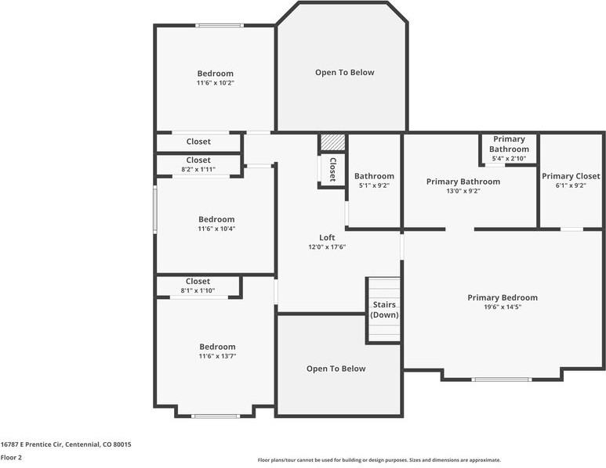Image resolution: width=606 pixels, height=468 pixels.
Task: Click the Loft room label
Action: tap(327, 238)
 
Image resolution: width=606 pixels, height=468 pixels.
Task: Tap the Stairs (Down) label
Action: tap(384, 310)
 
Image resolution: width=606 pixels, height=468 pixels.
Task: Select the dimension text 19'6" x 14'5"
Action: tap(503, 307)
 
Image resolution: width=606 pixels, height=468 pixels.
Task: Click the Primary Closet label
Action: tap(571, 176)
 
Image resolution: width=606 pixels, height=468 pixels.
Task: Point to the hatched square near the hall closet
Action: tap(332, 142)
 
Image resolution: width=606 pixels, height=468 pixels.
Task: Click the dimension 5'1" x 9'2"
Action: tap(374, 185)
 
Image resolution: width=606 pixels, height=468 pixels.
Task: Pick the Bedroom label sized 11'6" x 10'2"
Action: tap(216, 74)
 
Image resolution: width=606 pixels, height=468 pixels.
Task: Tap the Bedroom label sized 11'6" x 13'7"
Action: tap(217, 347)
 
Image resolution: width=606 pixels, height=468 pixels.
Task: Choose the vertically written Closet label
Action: tap(332, 169)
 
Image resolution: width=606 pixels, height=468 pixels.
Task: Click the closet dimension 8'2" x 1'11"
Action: tap(198, 169)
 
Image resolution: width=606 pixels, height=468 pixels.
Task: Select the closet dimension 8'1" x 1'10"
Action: tap(198, 291)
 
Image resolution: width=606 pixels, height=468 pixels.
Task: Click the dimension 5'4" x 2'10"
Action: tap(509, 159)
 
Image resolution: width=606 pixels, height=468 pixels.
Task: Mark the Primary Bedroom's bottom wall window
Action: tap(502, 380)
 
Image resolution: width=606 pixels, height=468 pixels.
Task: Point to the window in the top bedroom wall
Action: tap(220, 26)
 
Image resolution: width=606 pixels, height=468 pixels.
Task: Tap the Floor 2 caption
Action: tap(11, 458)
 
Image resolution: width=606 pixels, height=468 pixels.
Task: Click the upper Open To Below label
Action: tap(345, 73)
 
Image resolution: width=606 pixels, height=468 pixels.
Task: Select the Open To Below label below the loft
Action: tap(336, 369)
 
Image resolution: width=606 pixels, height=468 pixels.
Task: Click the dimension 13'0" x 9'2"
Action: tap(463, 191)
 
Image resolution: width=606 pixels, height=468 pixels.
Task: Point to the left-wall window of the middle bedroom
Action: tap(155, 210)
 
